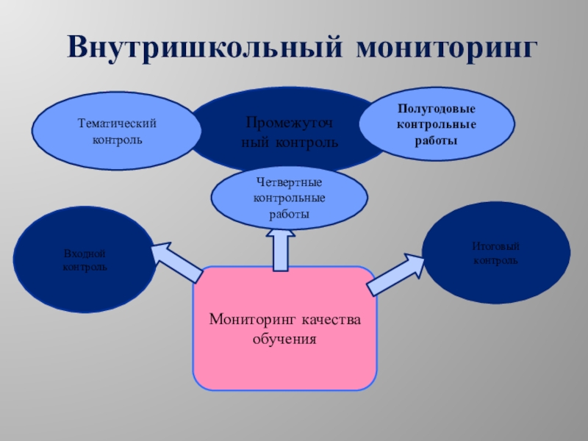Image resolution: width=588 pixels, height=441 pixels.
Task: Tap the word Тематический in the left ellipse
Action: pyautogui.click(x=118, y=124)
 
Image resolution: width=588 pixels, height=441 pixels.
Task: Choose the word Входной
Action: pyautogui.click(x=85, y=253)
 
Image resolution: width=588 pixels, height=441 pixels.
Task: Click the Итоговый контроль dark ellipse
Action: pyautogui.click(x=495, y=254)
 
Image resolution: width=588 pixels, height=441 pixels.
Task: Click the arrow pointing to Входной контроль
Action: pyautogui.click(x=176, y=262)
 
